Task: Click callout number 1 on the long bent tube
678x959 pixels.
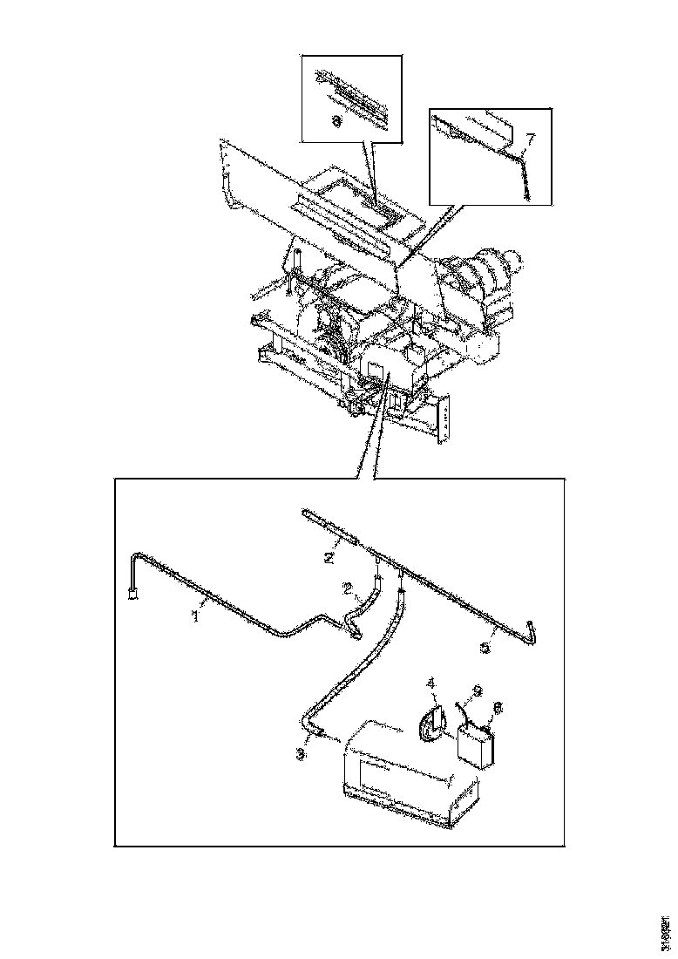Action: (x=196, y=616)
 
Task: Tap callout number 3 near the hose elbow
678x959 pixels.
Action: (x=300, y=754)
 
